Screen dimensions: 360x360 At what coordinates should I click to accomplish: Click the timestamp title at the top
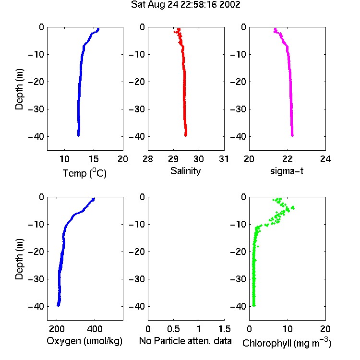coord(185,5)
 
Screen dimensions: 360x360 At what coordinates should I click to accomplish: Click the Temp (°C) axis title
coord(84,173)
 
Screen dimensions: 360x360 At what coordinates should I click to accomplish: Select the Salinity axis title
coord(185,171)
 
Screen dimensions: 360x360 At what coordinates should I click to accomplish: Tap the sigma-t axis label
coord(287,171)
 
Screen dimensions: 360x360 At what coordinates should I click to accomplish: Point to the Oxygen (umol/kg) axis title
coord(84,341)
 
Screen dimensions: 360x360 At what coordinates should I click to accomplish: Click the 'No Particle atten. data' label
coord(185,341)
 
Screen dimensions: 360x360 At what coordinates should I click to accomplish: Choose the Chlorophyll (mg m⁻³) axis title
coord(287,343)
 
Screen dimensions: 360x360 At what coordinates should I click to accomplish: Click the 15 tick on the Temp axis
coord(94,159)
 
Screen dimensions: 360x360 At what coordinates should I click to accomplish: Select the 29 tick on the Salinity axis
coord(173,159)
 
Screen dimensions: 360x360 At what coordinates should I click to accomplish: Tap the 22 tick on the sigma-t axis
coord(287,159)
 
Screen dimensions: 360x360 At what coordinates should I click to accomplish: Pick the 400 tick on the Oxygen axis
coord(95,329)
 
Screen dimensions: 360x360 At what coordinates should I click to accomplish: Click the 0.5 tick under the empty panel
coord(173,329)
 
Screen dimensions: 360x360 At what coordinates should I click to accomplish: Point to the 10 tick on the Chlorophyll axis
coord(287,329)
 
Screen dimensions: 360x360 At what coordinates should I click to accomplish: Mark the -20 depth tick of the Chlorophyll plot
coord(238,252)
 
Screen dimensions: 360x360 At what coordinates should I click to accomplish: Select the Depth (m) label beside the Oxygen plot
coord(19,259)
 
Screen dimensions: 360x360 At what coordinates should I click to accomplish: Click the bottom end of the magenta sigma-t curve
coord(292,135)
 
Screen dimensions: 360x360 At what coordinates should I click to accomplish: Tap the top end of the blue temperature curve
coord(98,29)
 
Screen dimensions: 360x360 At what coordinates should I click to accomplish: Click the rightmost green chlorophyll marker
coord(293,207)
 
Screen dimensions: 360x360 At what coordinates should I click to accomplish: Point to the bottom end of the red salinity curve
coord(185,135)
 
